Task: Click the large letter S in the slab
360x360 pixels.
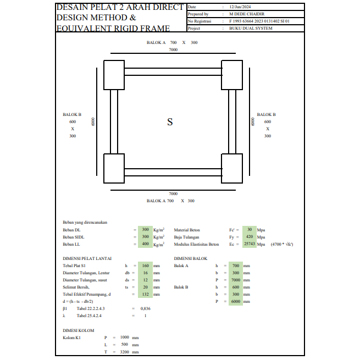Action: [x=170, y=122]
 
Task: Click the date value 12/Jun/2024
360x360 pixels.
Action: [x=240, y=7]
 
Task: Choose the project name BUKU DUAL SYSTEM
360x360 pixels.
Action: [x=251, y=28]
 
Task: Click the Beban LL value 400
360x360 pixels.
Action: [x=145, y=244]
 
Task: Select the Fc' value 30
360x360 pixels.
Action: [x=250, y=230]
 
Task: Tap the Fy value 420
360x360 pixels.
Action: [x=249, y=237]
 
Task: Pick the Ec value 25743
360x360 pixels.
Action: [x=250, y=244]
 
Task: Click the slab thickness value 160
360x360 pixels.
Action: [x=145, y=265]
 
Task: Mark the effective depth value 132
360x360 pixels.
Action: [x=145, y=294]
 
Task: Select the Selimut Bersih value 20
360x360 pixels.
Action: [x=145, y=287]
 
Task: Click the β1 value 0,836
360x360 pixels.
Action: [x=145, y=308]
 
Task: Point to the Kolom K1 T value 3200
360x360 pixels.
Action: [x=124, y=352]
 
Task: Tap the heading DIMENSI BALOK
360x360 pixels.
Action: [x=191, y=258]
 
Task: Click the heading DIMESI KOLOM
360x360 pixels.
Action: [x=79, y=330]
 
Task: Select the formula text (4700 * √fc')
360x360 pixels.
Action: [x=282, y=244]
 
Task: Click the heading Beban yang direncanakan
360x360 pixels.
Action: [x=85, y=222]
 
